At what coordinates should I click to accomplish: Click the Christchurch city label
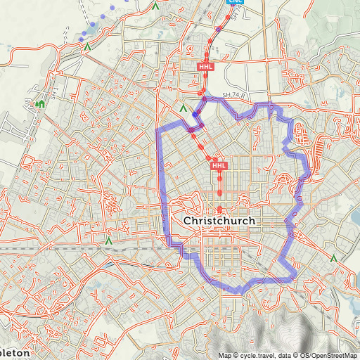220,221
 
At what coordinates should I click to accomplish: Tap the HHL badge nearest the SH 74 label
205,67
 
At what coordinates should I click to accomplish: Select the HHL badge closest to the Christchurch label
219,166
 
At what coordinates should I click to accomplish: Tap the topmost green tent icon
155,6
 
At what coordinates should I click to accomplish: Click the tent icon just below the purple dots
88,46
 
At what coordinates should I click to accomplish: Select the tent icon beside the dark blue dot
183,109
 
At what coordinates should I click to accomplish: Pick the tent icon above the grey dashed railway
108,240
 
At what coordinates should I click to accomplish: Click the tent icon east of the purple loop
333,259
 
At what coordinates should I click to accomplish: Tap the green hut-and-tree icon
40,104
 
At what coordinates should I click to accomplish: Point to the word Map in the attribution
225,354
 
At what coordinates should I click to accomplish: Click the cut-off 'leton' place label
14,352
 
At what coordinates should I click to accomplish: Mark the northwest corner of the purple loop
157,131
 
